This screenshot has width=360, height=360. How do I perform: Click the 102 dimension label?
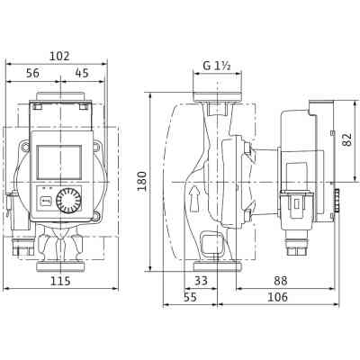[x=59, y=55]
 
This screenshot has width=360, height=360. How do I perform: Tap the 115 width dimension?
[x=59, y=282]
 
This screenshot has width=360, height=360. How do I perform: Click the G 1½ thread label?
[x=216, y=66]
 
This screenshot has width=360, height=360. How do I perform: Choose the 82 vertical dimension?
[x=346, y=139]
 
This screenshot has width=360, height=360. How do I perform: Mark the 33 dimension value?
[x=201, y=282]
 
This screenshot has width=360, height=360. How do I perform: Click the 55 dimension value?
[x=190, y=297]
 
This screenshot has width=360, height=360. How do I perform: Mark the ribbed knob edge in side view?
[x=337, y=201]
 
